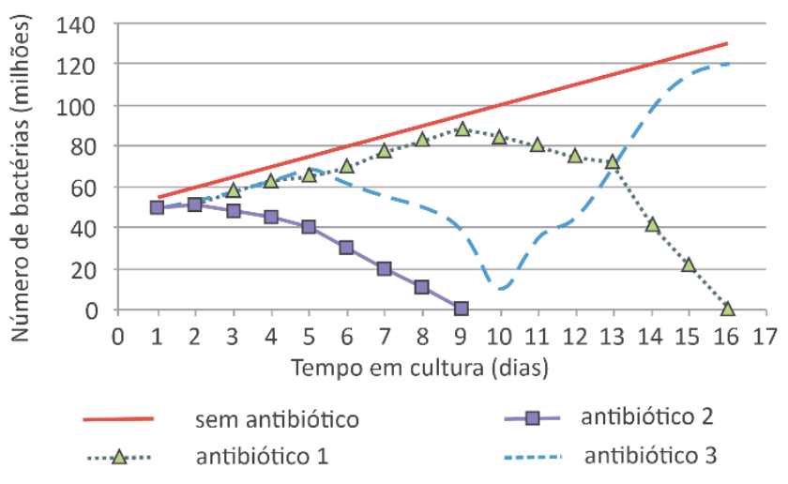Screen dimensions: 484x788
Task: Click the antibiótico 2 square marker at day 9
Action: [x=461, y=308]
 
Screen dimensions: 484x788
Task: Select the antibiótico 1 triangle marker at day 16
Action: [x=728, y=308]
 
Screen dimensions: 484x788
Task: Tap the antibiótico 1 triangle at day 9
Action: [x=462, y=129]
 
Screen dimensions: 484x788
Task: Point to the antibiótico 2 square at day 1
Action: [x=157, y=207]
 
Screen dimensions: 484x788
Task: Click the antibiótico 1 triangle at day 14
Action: [x=652, y=224]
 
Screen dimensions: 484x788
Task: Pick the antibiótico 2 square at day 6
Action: [x=347, y=248]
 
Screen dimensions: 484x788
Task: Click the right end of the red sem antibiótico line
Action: [x=727, y=43]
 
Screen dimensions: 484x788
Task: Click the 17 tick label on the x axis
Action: [x=765, y=335]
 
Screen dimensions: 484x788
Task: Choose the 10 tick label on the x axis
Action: [x=498, y=335]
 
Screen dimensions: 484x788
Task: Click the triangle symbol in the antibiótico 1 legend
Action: [x=119, y=458]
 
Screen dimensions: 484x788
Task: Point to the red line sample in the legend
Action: [x=119, y=419]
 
